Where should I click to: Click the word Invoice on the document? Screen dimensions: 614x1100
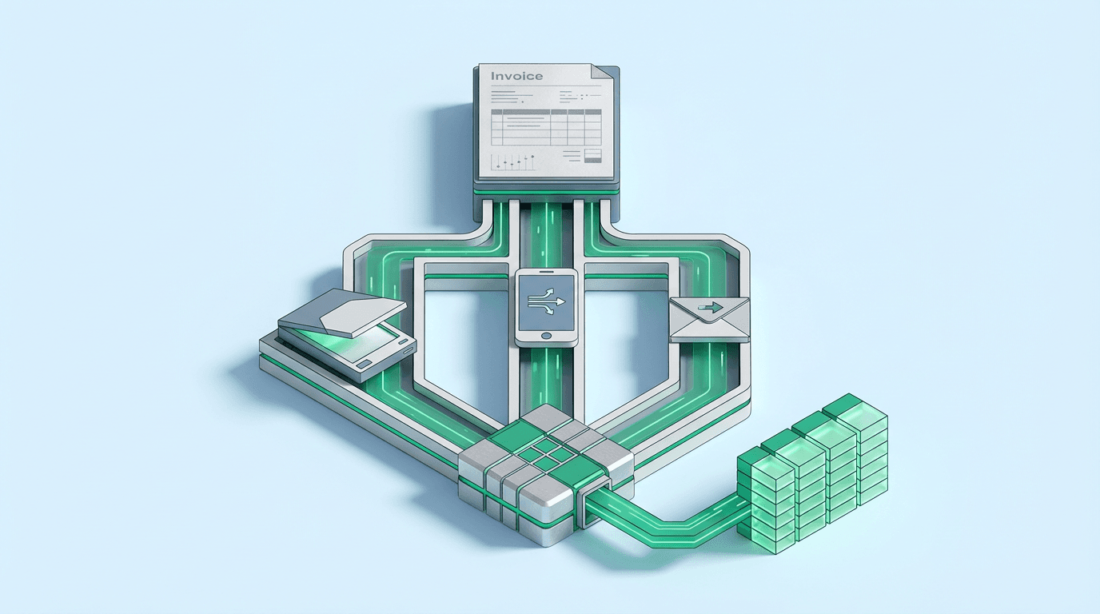coord(516,77)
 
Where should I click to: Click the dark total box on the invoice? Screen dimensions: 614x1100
coord(592,153)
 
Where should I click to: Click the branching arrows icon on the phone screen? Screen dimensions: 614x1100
coord(547,302)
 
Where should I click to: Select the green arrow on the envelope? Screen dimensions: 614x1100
coord(709,306)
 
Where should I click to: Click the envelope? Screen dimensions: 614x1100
coord(709,319)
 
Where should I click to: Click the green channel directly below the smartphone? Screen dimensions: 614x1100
coord(547,376)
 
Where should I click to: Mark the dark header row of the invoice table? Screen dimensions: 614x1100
coord(545,111)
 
